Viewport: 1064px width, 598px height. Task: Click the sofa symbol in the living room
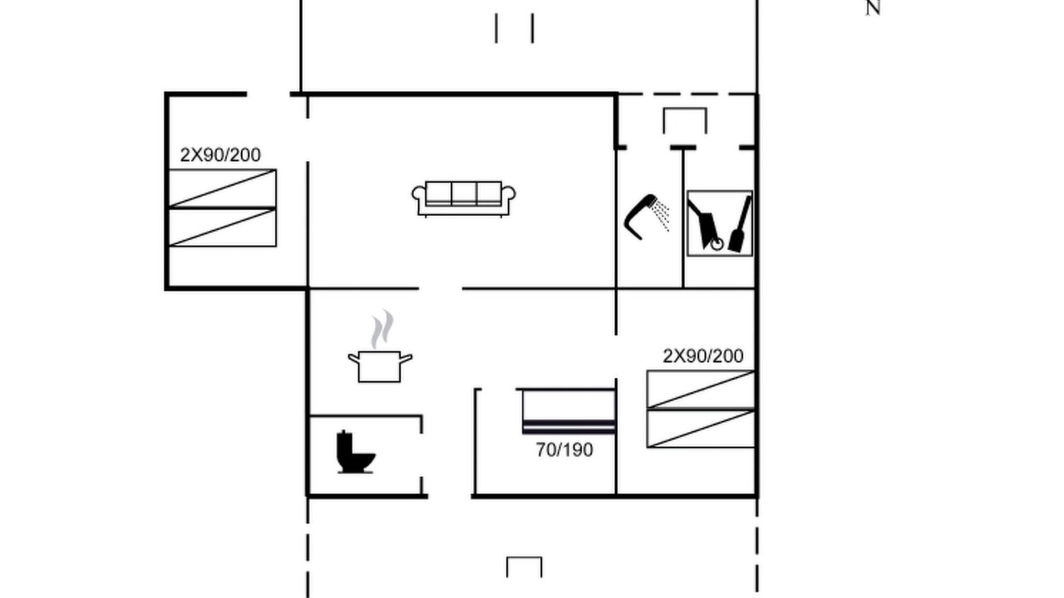[x=464, y=199]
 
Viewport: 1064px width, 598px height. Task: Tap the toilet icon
[x=355, y=453]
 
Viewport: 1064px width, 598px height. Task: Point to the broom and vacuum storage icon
[x=720, y=223]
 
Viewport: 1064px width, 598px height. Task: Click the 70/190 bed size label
[x=564, y=450]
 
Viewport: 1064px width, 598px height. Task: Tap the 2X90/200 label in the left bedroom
[x=220, y=154]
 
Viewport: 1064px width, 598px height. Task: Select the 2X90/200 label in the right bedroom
[x=703, y=356]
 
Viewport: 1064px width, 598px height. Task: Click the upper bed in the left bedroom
[x=222, y=189]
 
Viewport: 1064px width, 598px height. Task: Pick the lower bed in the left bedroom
[x=222, y=228]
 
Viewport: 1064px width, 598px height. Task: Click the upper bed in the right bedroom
[x=701, y=390]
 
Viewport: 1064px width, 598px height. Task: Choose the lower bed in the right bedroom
[x=701, y=428]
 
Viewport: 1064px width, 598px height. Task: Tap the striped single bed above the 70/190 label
[x=569, y=411]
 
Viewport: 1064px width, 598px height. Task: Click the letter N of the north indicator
[x=873, y=8]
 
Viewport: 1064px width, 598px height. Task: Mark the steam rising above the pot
[x=382, y=329]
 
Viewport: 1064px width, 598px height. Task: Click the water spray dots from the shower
[x=661, y=216]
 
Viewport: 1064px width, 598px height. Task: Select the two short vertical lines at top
[x=515, y=28]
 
